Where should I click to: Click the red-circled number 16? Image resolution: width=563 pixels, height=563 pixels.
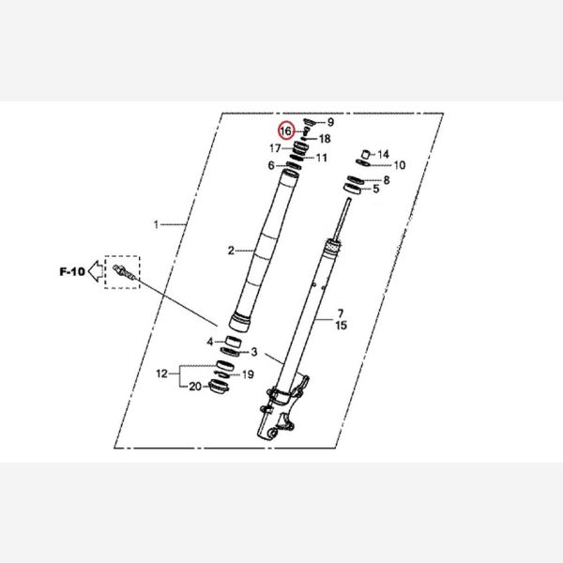(x=286, y=131)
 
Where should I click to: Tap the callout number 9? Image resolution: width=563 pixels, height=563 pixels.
(x=330, y=122)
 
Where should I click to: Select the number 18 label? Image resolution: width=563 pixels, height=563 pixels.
(x=325, y=139)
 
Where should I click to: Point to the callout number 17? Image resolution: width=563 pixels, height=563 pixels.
(x=275, y=148)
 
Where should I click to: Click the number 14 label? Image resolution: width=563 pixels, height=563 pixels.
(x=383, y=155)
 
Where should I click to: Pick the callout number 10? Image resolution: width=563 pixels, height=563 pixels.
(x=400, y=165)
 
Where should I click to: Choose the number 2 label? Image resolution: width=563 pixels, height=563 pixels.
(x=231, y=251)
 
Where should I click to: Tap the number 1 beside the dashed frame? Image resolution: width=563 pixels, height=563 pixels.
(x=156, y=225)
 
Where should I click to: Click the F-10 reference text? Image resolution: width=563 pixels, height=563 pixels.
(x=72, y=271)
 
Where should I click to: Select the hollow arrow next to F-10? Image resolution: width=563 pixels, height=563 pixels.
(x=95, y=271)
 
